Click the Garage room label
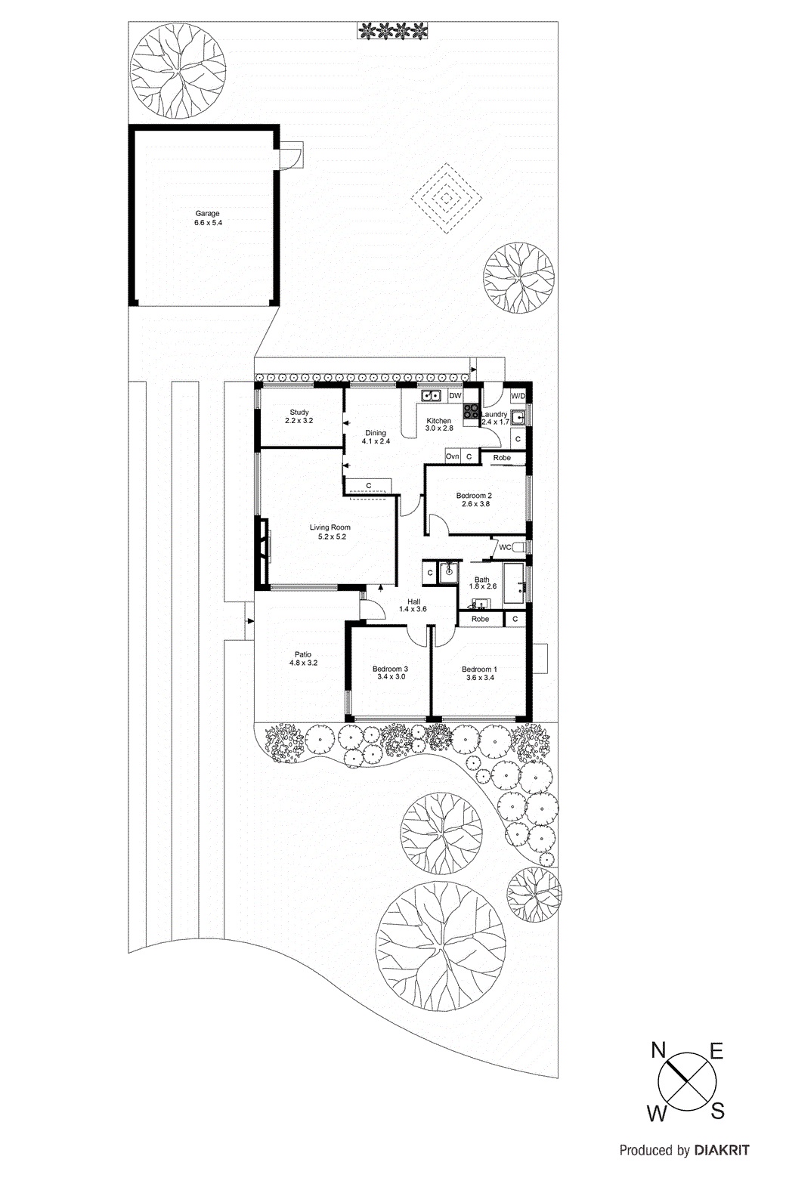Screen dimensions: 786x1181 click(x=207, y=214)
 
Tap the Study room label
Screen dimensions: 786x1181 click(x=299, y=413)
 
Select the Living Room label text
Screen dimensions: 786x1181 click(x=330, y=527)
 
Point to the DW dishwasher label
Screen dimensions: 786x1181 click(x=455, y=395)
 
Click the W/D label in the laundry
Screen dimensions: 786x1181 click(x=518, y=396)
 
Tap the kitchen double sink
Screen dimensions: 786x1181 click(x=432, y=395)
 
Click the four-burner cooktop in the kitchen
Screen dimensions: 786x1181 click(x=470, y=411)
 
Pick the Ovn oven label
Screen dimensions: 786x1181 click(x=452, y=456)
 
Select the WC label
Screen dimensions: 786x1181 click(x=505, y=547)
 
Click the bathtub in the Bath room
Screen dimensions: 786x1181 click(x=514, y=583)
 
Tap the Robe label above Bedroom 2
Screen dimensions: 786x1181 click(x=502, y=458)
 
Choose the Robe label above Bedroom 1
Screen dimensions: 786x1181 click(x=480, y=619)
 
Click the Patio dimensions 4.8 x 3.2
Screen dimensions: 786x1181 click(x=303, y=663)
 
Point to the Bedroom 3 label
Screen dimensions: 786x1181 click(x=391, y=669)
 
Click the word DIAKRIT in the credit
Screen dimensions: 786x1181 click(x=722, y=1151)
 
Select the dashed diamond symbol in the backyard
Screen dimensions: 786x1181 click(x=447, y=198)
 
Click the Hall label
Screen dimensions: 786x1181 click(x=413, y=601)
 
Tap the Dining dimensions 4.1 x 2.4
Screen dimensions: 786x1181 click(x=376, y=441)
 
